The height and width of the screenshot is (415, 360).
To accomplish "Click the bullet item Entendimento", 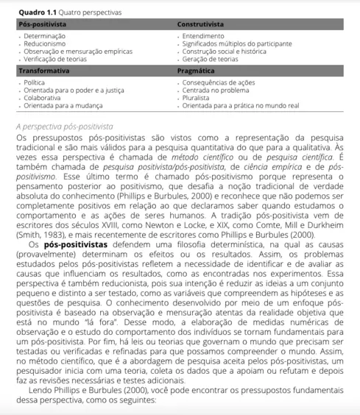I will pyautogui.click(x=205, y=36).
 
